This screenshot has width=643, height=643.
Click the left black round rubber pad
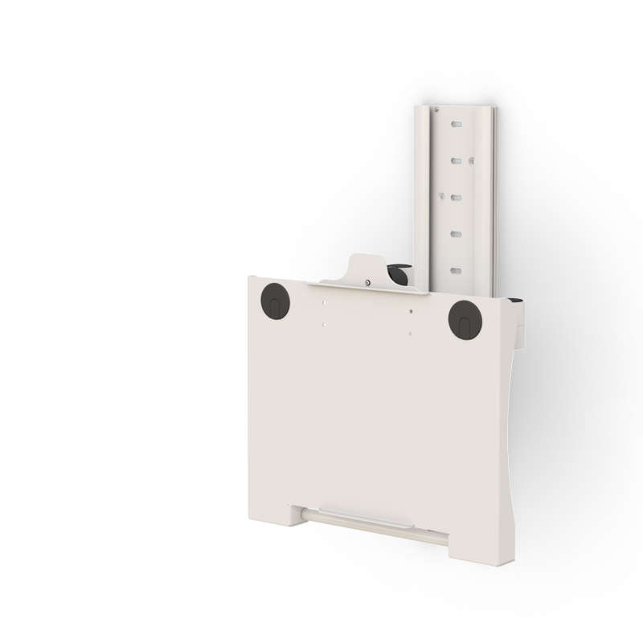pos(275,301)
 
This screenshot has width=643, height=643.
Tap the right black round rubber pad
pos(465,319)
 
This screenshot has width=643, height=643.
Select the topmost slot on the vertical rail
pos(456,125)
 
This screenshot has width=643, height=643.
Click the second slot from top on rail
pos(456,161)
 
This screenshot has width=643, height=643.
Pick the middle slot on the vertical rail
pos(456,197)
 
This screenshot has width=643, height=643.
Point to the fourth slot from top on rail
pos(456,234)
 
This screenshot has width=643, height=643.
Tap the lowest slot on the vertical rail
pos(456,270)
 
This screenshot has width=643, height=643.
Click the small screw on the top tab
pos(368,282)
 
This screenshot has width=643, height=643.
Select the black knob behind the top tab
pos(398,273)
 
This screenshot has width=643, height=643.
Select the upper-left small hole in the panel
pos(324,303)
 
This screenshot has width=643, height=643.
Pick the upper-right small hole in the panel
pos(410,311)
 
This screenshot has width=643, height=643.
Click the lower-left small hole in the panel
pos(324,325)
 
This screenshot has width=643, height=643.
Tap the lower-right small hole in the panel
pos(410,334)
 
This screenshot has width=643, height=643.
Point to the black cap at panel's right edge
pos(515,301)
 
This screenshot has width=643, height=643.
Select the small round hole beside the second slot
pos(472,161)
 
